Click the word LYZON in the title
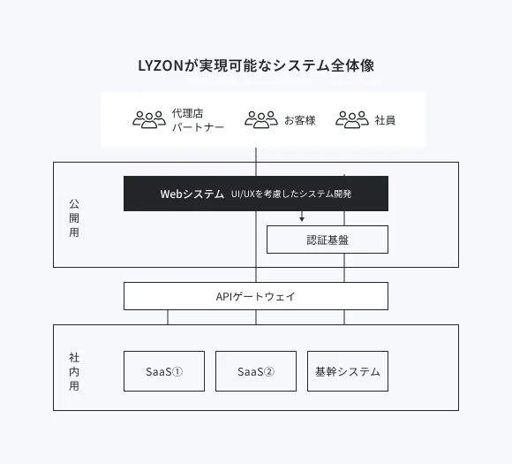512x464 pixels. point(161,65)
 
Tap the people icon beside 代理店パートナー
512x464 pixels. point(149,119)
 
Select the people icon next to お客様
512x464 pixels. point(261,119)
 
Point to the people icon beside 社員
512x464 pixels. point(352,119)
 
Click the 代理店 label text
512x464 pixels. point(187,113)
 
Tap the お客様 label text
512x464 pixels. point(300,120)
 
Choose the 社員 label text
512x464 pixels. point(385,120)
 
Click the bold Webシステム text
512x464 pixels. point(192,194)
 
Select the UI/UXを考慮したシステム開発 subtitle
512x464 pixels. point(291,194)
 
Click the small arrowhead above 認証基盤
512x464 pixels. point(302,219)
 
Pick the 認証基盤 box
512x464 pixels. point(328,240)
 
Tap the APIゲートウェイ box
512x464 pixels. point(256,296)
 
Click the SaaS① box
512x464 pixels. point(164,371)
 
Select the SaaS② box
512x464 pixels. point(256,371)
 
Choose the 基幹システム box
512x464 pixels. point(348,371)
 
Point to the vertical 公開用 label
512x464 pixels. point(74,217)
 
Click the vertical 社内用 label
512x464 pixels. point(74,371)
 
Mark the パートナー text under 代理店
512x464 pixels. point(198,127)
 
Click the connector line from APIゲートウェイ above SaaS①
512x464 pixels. point(168,317)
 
